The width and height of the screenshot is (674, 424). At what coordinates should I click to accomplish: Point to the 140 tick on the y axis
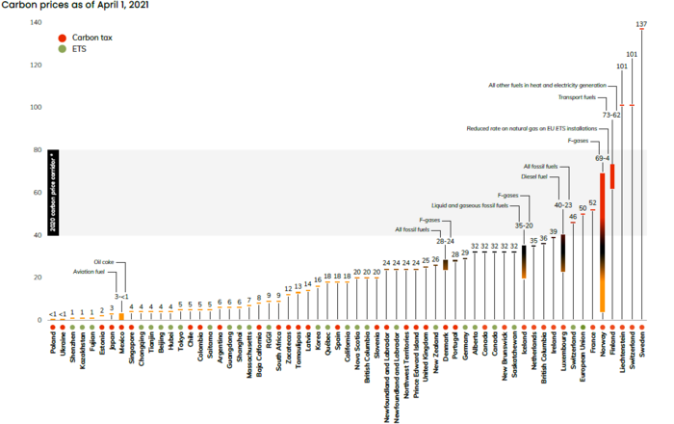[36, 22]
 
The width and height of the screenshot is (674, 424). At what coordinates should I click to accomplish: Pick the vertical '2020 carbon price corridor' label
[55, 192]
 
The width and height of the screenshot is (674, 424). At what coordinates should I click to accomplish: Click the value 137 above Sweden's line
[642, 23]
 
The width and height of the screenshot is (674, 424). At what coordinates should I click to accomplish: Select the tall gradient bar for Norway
[602, 241]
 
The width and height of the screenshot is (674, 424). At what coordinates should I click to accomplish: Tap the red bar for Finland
[612, 182]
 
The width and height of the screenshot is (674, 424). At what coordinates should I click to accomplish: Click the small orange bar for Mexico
[121, 316]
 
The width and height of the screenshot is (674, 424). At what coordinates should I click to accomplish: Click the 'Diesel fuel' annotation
[535, 176]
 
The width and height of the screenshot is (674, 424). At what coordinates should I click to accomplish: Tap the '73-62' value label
[611, 116]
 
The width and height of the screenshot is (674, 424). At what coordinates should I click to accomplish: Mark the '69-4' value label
[602, 158]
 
